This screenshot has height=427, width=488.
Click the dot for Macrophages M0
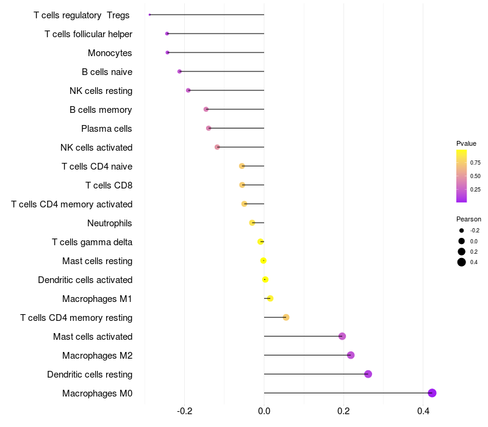(432, 393)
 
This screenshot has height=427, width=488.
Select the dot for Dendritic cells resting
(368, 374)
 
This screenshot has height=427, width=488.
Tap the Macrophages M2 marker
(351, 355)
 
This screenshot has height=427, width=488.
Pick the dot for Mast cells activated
(342, 336)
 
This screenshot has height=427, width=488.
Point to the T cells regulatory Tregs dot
(149, 15)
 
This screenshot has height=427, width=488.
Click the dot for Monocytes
(168, 52)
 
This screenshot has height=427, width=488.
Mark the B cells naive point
(179, 71)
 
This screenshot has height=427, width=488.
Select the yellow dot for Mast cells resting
(264, 260)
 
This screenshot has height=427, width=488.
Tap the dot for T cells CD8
(242, 185)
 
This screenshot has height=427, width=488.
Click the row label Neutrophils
(110, 223)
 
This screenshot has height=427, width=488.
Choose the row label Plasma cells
(107, 129)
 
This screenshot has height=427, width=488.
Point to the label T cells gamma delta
(92, 242)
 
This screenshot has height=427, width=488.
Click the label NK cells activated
(96, 148)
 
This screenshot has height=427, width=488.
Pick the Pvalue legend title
(466, 143)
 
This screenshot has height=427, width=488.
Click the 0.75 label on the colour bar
(475, 163)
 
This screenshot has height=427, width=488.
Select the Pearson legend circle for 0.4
(462, 262)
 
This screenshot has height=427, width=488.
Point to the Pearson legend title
(468, 219)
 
